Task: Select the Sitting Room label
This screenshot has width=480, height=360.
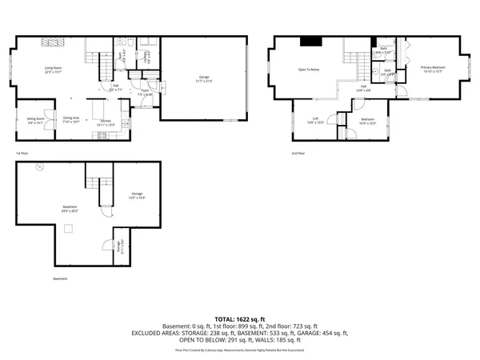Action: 36,120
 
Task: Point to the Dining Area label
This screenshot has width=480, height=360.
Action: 72,120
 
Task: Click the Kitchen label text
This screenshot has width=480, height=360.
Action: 105,122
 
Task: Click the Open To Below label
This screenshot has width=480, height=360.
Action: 309,70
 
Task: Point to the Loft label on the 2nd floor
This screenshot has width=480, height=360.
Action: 315,120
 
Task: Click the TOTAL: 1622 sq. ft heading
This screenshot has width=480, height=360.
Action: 239,318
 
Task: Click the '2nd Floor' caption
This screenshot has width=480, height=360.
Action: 298,153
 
